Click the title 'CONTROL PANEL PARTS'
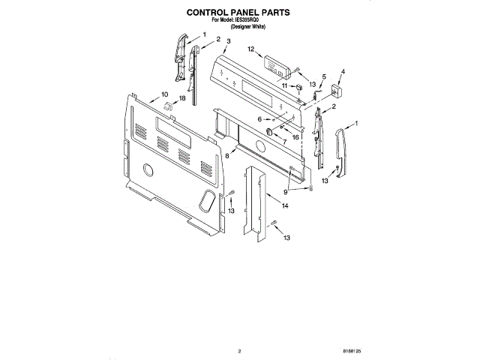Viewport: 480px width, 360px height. (x=239, y=13)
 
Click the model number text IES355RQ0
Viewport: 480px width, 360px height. (x=252, y=21)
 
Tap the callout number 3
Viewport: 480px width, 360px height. (x=228, y=41)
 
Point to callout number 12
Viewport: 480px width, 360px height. (x=252, y=50)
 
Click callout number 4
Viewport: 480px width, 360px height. (x=343, y=72)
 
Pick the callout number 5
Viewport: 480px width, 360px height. (x=324, y=77)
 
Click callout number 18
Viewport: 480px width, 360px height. (x=182, y=99)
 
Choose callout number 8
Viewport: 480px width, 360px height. (x=226, y=154)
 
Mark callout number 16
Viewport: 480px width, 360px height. (x=295, y=137)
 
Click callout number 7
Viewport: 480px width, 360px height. (x=283, y=142)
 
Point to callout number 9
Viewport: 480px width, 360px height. (x=286, y=192)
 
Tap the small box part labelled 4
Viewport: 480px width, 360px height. (x=334, y=90)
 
